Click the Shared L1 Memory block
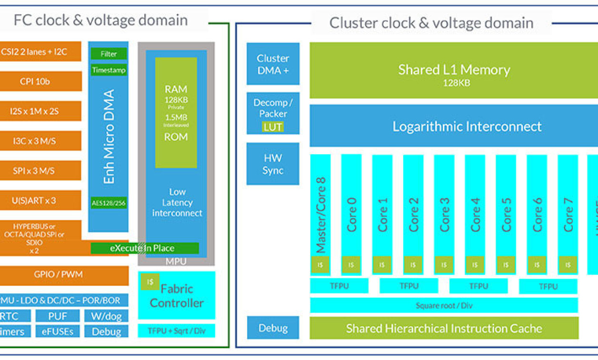click(x=454, y=70)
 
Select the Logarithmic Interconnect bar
click(x=454, y=126)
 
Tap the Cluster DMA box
click(x=273, y=64)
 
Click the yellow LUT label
click(x=273, y=127)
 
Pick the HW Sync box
click(x=273, y=164)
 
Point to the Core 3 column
click(x=444, y=210)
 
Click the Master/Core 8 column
click(x=320, y=210)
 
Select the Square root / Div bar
click(x=444, y=305)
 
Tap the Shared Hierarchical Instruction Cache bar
click(x=444, y=329)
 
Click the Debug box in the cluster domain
click(x=273, y=328)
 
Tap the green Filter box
click(x=109, y=54)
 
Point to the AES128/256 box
click(x=109, y=203)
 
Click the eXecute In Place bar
click(x=145, y=248)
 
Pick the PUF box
click(x=58, y=316)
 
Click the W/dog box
click(x=107, y=316)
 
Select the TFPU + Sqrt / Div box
click(x=177, y=330)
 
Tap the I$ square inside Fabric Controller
click(x=150, y=282)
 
